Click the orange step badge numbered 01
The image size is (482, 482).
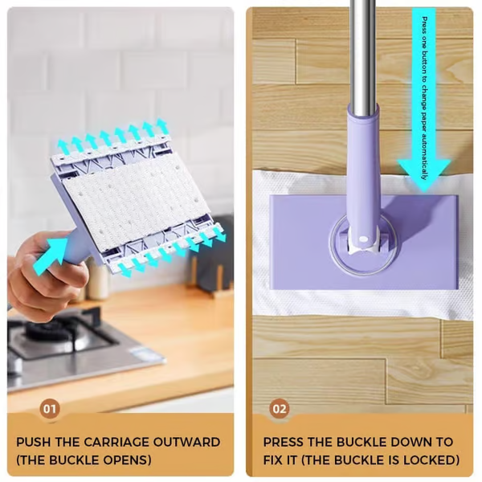50,409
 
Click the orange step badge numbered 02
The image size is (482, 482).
279,409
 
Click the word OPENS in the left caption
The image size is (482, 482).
129,460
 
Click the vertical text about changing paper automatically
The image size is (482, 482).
424,80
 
